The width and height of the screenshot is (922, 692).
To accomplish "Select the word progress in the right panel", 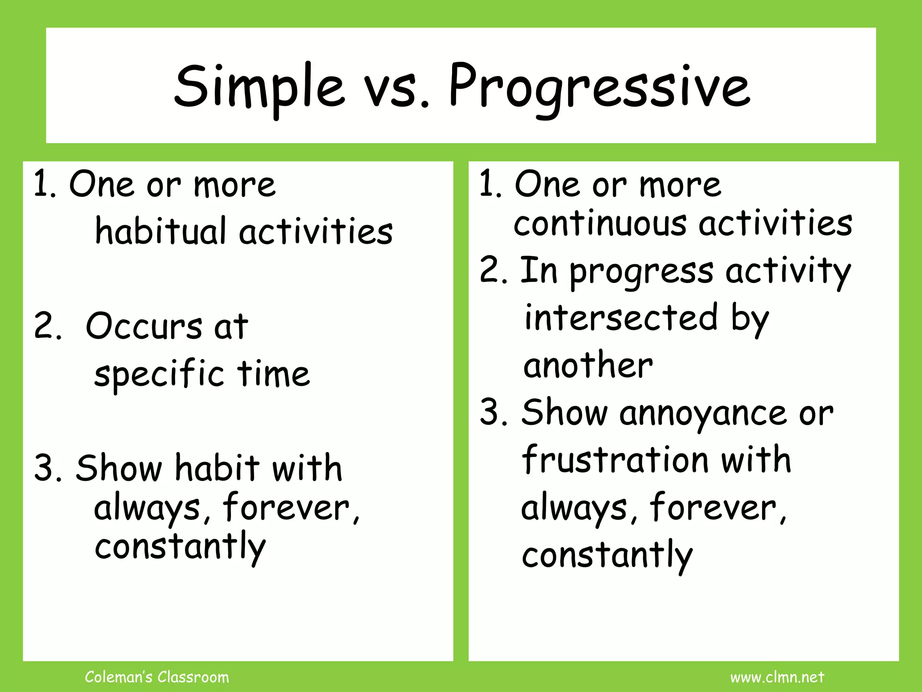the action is coord(642,273).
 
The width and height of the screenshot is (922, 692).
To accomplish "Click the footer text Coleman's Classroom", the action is coord(157,677).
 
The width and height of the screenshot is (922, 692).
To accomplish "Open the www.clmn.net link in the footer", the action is coord(777,677).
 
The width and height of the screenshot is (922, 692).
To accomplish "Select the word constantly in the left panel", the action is coord(180,546).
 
